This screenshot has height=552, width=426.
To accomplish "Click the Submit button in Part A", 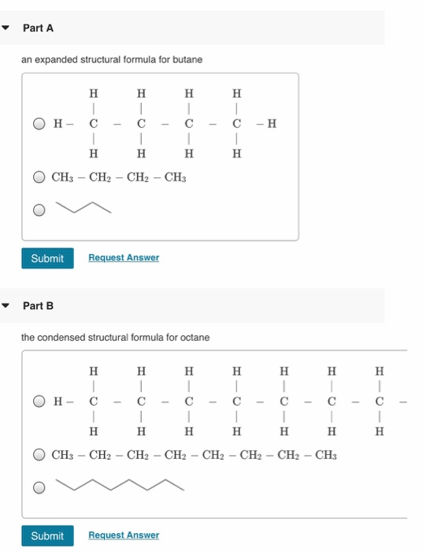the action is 47,259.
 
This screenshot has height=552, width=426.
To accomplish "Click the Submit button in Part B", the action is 47,536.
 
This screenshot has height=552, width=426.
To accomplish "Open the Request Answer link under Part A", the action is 124,258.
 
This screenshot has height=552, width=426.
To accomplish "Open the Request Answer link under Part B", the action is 124,535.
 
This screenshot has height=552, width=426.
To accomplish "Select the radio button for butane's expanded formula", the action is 39,124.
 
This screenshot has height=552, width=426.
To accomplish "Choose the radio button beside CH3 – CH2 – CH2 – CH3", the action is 39,177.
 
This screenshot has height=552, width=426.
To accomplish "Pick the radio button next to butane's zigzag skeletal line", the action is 39,210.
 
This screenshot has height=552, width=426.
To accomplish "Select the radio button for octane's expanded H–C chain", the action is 39,401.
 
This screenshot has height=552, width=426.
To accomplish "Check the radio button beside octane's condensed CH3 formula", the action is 39,455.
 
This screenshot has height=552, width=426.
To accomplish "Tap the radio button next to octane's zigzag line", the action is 39,487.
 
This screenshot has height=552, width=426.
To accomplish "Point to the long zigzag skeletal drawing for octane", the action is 126,485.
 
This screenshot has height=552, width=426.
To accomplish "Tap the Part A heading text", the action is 38,28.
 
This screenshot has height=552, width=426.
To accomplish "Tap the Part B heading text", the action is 38,305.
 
